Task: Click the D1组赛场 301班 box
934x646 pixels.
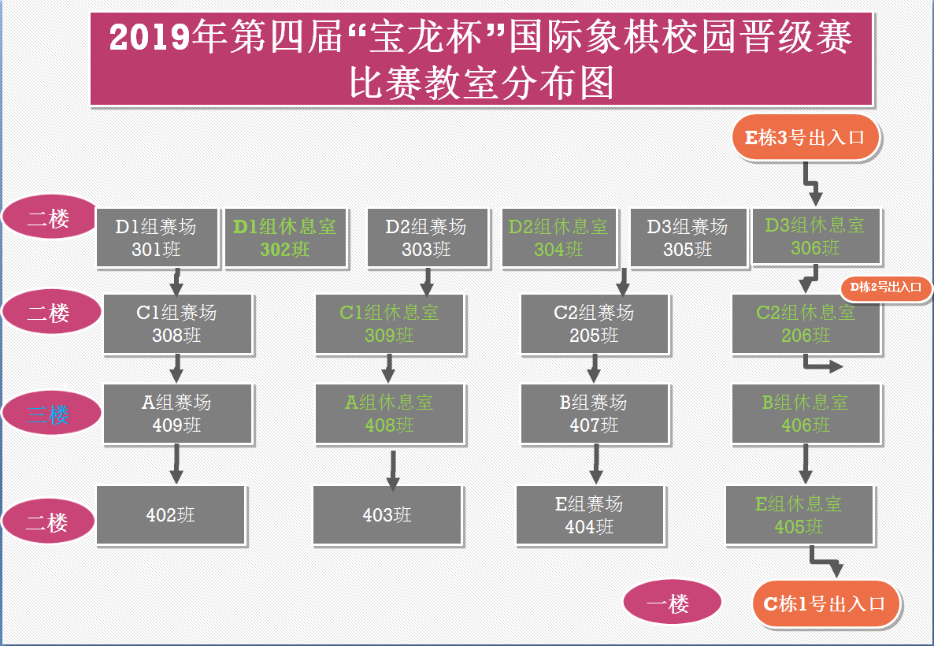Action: [157, 237]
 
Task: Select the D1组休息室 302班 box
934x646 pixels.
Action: [285, 237]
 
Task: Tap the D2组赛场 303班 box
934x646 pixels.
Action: [426, 237]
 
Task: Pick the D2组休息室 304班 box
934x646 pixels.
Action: [559, 237]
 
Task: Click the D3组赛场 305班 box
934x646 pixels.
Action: [688, 237]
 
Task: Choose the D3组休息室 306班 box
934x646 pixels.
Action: [815, 236]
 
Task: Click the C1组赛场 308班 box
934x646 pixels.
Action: [177, 324]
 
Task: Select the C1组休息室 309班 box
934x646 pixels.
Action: [389, 324]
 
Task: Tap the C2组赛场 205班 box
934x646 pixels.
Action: [595, 324]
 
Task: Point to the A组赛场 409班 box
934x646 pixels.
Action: [177, 414]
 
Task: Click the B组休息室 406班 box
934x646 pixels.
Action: [806, 414]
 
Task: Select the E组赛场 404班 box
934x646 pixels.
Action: [590, 514]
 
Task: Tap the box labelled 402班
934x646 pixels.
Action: [171, 514]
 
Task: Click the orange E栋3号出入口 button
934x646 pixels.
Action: [806, 138]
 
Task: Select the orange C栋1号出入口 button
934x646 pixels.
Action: [825, 604]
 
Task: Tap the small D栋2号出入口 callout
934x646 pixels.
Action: [886, 288]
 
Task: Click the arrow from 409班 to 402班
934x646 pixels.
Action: [176, 463]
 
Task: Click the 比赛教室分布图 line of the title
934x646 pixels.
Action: [481, 83]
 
